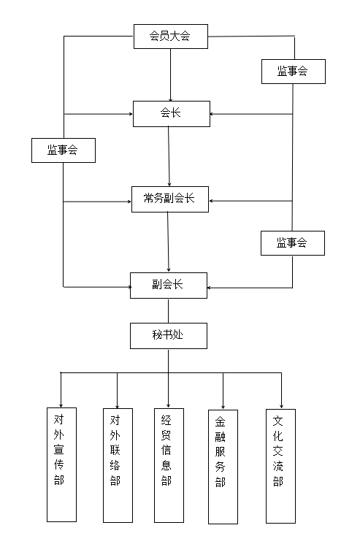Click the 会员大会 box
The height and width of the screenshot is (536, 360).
click(171, 37)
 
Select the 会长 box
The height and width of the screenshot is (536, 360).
click(172, 114)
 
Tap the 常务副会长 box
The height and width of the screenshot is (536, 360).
click(170, 199)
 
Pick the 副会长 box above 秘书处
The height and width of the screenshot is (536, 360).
click(169, 286)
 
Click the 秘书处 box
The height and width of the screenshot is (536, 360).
click(169, 336)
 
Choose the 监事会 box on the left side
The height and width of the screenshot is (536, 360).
click(64, 150)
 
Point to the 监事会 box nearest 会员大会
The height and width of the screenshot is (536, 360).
click(294, 72)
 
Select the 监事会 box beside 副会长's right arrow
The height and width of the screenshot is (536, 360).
click(293, 243)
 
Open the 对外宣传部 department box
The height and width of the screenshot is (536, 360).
click(61, 464)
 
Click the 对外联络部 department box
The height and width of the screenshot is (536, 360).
click(118, 465)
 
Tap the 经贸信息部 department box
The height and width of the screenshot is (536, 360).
click(169, 465)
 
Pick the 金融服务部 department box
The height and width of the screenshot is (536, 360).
click(223, 467)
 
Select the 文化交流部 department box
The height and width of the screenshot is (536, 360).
click(280, 466)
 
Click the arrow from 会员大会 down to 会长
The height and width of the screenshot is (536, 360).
click(171, 75)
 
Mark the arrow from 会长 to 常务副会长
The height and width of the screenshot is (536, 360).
click(169, 156)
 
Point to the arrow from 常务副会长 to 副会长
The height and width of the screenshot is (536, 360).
click(168, 242)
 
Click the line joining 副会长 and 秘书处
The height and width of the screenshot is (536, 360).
click(168, 311)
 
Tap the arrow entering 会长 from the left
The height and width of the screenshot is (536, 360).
click(98, 114)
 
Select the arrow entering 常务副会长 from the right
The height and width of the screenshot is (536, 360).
click(250, 201)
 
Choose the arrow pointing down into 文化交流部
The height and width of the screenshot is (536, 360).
click(281, 391)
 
